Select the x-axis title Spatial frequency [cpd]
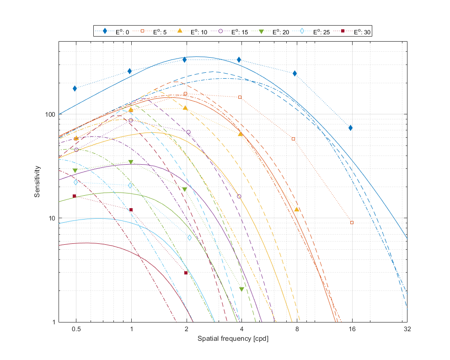click(x=232, y=339)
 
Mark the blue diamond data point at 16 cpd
click(x=350, y=128)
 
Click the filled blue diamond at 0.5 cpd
click(x=75, y=89)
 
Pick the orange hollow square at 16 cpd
click(x=352, y=222)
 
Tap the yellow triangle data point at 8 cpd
click(x=297, y=210)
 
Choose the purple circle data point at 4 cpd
click(x=239, y=196)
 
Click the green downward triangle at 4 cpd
click(x=241, y=290)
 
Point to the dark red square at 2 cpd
click(x=186, y=273)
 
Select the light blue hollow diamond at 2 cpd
click(x=189, y=237)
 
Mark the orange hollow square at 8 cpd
click(x=293, y=139)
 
